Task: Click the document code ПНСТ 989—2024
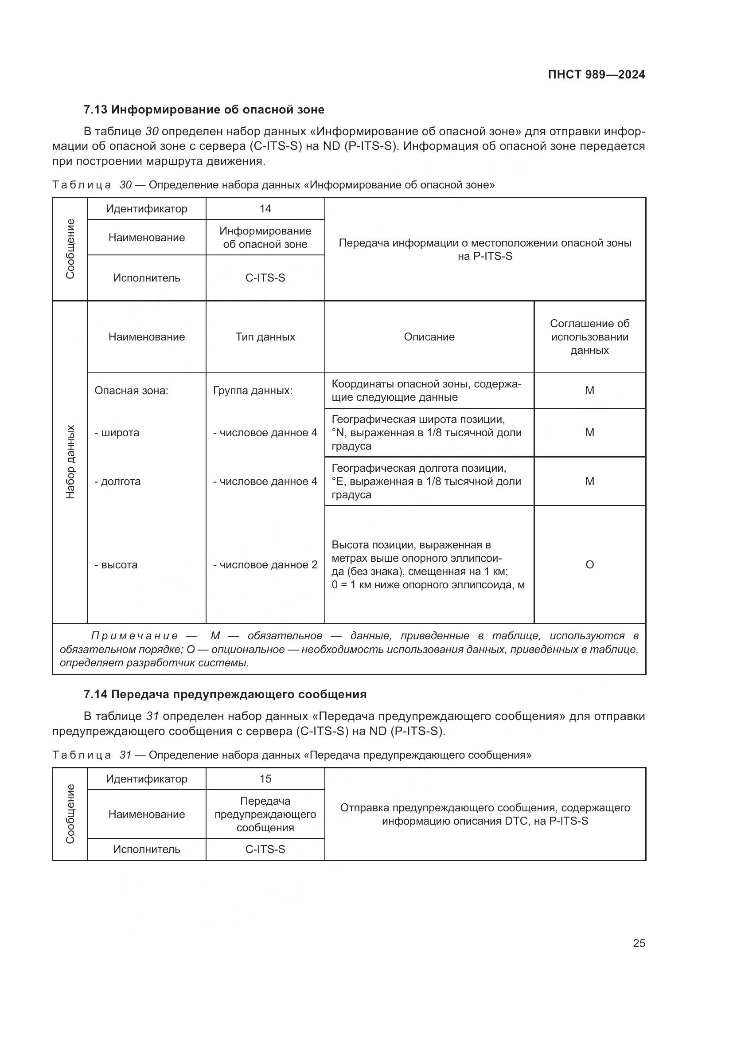tap(596, 74)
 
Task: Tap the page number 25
tap(639, 943)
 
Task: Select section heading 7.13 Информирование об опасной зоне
tap(204, 110)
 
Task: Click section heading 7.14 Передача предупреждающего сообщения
tap(225, 694)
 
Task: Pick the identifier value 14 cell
tap(265, 209)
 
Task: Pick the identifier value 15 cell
tap(265, 779)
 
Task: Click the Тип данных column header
tap(265, 337)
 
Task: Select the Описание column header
tap(429, 337)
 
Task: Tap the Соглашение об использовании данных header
tap(589, 337)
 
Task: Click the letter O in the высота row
tap(589, 564)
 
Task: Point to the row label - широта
tap(117, 433)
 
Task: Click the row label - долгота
tap(117, 481)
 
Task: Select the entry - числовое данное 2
tap(265, 564)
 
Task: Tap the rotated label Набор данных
tap(70, 462)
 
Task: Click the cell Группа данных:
tap(253, 391)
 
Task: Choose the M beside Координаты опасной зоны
tap(589, 391)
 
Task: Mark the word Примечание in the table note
tap(135, 636)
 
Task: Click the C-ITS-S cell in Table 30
tap(265, 278)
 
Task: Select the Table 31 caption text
tap(292, 755)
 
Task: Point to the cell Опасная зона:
tap(131, 391)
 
